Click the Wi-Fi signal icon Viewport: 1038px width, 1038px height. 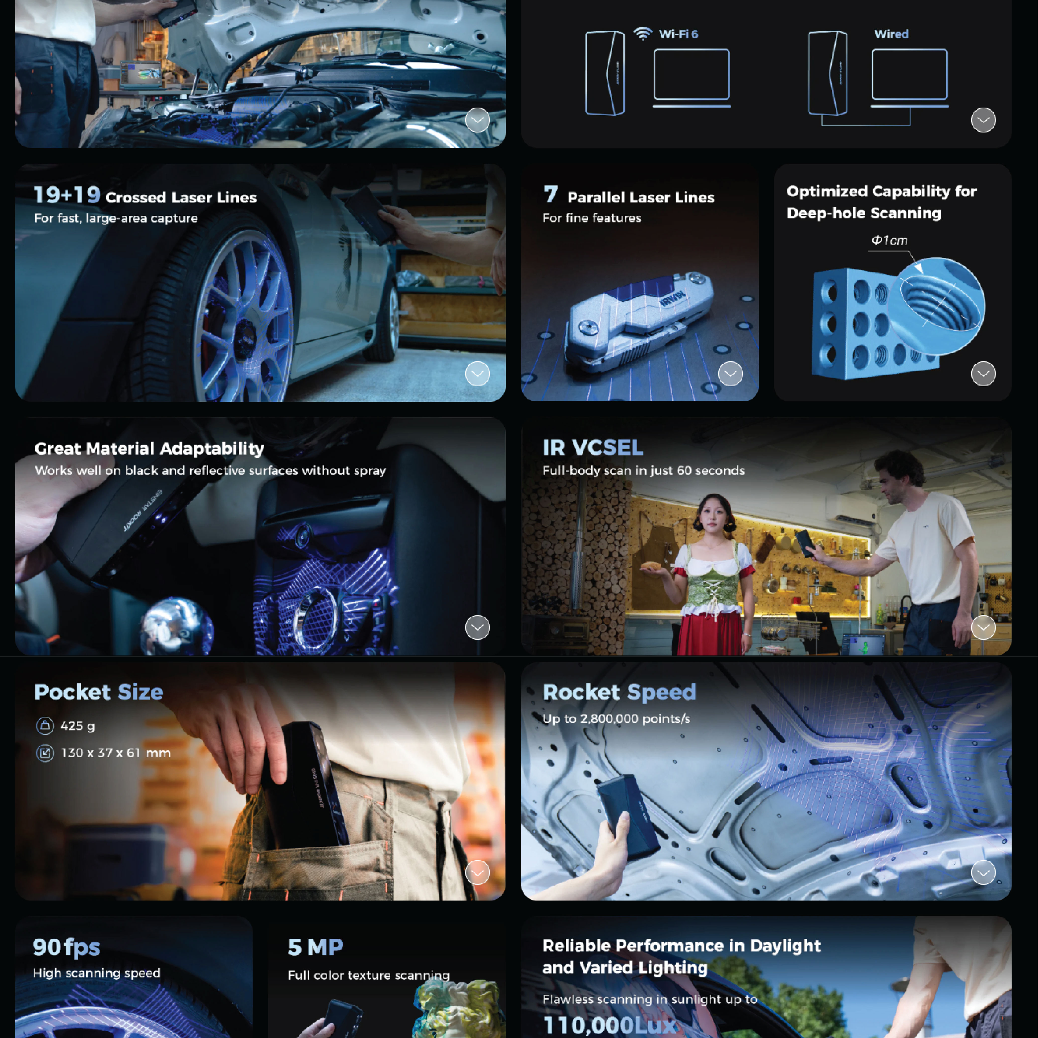click(643, 34)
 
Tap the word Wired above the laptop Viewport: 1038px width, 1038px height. click(891, 34)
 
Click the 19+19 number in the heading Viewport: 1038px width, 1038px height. click(67, 195)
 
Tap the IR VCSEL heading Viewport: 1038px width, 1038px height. click(593, 448)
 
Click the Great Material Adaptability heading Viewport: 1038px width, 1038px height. click(149, 449)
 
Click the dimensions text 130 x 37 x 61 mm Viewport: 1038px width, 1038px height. click(116, 753)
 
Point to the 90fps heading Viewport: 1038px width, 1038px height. click(67, 947)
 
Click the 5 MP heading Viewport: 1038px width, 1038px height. click(315, 947)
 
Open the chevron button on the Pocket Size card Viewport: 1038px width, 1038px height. click(477, 873)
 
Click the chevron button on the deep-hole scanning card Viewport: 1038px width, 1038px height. click(983, 373)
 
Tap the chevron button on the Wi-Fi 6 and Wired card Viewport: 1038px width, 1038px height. click(983, 120)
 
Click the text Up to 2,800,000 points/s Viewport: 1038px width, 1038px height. click(616, 719)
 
